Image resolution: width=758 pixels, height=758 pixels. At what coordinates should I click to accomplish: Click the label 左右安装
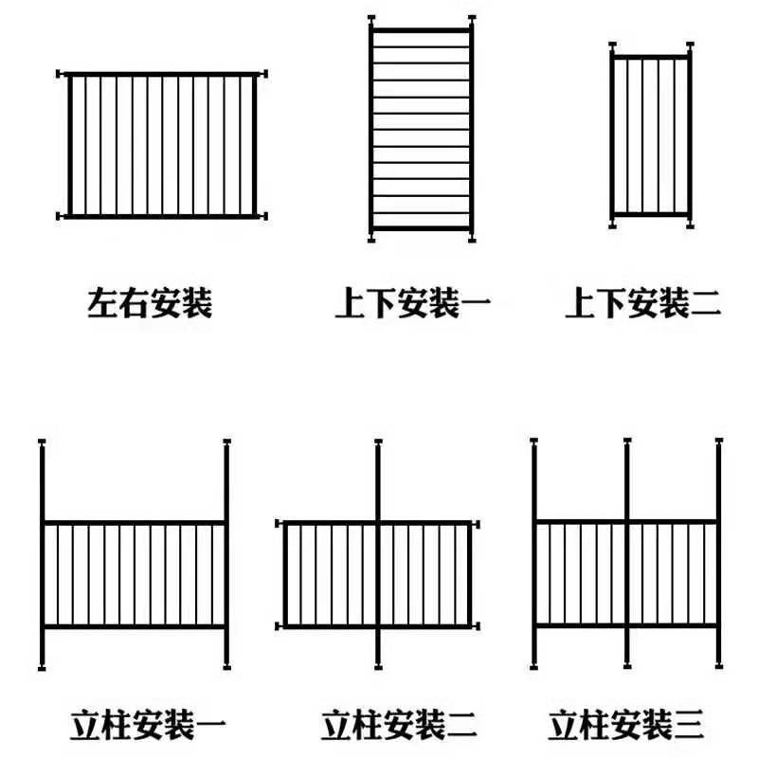tap(150, 303)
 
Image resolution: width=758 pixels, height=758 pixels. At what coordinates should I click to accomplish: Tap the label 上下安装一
tap(413, 303)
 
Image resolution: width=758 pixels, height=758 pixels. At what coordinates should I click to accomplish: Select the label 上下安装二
tap(643, 303)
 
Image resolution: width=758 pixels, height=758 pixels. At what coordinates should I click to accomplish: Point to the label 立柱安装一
tap(149, 725)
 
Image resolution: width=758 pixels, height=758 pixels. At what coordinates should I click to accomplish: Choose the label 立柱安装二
tap(399, 725)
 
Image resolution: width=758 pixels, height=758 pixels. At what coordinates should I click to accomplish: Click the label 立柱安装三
tap(626, 725)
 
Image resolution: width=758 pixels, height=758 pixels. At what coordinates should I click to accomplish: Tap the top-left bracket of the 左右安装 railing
tap(60, 74)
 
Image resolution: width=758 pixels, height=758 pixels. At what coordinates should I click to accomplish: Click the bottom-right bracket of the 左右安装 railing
tap(263, 216)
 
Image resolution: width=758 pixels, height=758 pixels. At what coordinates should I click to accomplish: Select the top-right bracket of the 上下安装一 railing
tap(471, 19)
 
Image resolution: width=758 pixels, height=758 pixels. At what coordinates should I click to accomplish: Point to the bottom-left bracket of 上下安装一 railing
tap(371, 239)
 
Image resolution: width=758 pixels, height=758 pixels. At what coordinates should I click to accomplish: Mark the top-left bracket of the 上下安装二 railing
tap(612, 45)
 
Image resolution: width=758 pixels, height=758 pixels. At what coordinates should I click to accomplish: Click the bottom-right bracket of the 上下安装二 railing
tap(690, 225)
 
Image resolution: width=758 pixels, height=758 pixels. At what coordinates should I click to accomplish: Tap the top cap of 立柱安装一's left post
tap(42, 442)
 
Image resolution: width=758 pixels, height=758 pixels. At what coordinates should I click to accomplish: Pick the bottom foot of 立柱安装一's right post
tap(226, 668)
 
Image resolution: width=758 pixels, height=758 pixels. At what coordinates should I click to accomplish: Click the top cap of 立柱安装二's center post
tap(378, 442)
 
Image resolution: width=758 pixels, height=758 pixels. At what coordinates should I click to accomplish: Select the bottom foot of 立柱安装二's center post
tap(378, 668)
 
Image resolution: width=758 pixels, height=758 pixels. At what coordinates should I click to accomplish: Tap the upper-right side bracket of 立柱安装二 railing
tap(477, 525)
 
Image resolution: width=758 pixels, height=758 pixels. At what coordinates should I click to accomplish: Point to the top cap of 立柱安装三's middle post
tap(627, 441)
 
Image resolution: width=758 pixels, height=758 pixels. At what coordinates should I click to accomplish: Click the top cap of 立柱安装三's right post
tap(719, 441)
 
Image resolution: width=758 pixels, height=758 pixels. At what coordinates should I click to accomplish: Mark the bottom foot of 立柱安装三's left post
tap(533, 667)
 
